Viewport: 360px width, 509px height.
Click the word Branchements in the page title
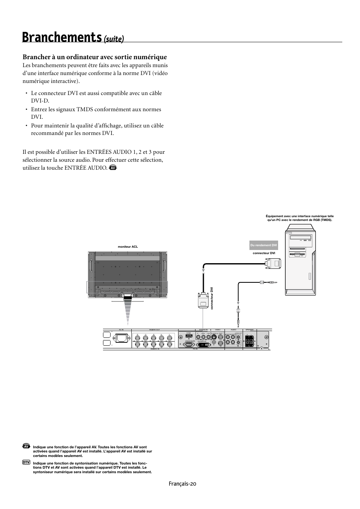tap(62, 37)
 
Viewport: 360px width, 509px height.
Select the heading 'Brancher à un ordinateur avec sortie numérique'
tap(94, 57)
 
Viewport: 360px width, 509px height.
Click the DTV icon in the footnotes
tap(26, 462)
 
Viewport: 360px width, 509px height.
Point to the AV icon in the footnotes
tap(26, 446)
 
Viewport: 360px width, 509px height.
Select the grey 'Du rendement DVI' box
tap(264, 245)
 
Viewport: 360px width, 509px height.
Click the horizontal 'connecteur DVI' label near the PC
tap(264, 253)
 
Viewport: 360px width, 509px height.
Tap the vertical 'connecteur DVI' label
tap(212, 298)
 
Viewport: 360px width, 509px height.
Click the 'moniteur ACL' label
tap(128, 247)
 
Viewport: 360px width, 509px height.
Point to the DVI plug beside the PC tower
tap(273, 264)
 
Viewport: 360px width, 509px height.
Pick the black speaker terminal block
tap(249, 341)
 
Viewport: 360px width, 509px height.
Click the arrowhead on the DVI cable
tap(203, 270)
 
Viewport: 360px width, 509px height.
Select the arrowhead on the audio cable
tap(238, 302)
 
